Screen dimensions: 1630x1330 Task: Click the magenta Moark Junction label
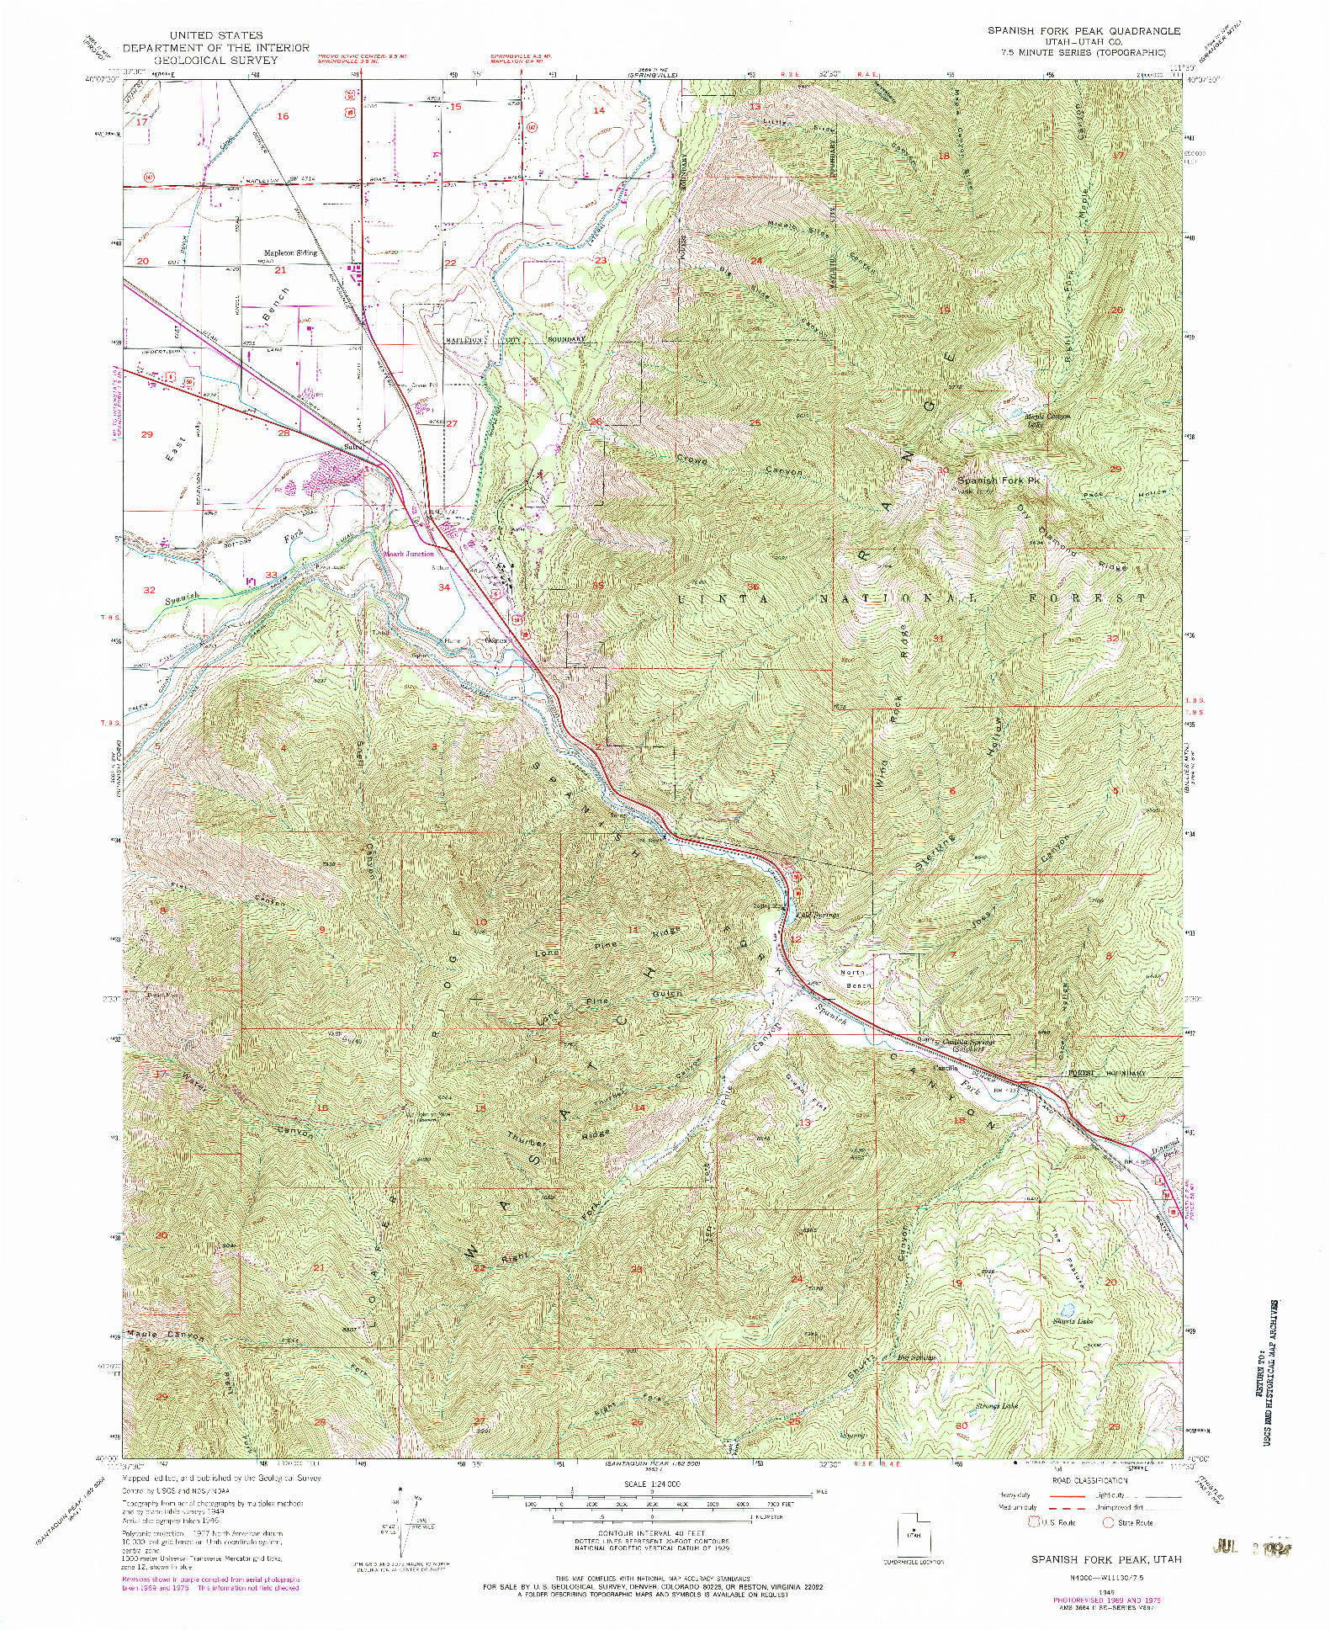[409, 554]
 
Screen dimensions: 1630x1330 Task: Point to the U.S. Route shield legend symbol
[1034, 1521]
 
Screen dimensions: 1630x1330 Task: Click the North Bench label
[853, 978]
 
